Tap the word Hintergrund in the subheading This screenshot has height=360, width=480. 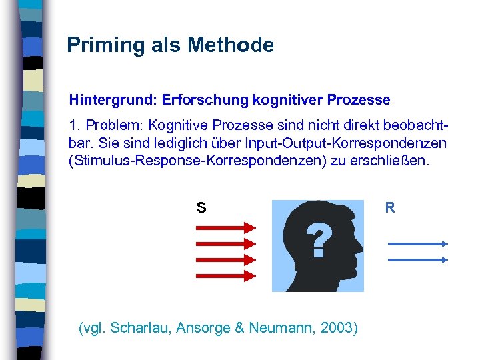pyautogui.click(x=111, y=101)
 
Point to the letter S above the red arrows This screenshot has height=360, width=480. pyautogui.click(x=201, y=208)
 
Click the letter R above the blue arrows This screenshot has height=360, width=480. pyautogui.click(x=390, y=208)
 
